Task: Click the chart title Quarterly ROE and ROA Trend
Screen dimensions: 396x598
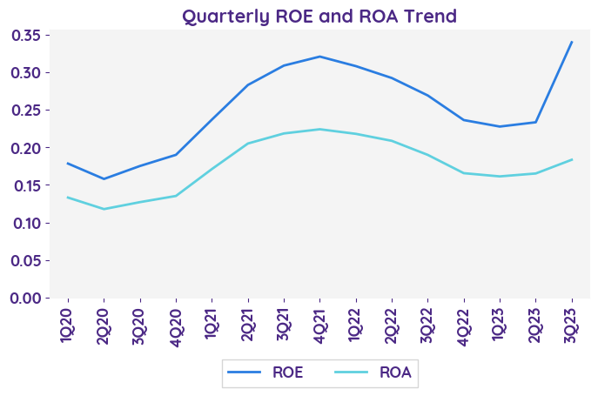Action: pos(319,16)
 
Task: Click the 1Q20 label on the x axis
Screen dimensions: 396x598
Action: pos(68,324)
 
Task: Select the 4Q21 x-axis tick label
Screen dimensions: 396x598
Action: pos(319,324)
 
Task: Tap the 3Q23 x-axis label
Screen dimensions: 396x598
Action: pos(571,324)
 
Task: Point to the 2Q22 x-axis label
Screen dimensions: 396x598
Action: pos(392,324)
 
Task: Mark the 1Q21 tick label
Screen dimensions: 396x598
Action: pos(212,324)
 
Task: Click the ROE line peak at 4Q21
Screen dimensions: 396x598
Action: pos(319,57)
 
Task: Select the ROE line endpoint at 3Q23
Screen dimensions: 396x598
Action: pos(571,42)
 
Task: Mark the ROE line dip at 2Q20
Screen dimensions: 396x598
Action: pos(104,179)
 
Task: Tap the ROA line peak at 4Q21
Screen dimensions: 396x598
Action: pos(319,129)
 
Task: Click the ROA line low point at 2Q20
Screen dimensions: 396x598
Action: pos(104,209)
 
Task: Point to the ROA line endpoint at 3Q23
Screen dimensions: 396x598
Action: pos(571,159)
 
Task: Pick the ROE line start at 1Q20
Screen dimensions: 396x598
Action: pos(68,163)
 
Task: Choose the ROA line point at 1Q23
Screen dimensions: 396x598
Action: pos(500,176)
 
